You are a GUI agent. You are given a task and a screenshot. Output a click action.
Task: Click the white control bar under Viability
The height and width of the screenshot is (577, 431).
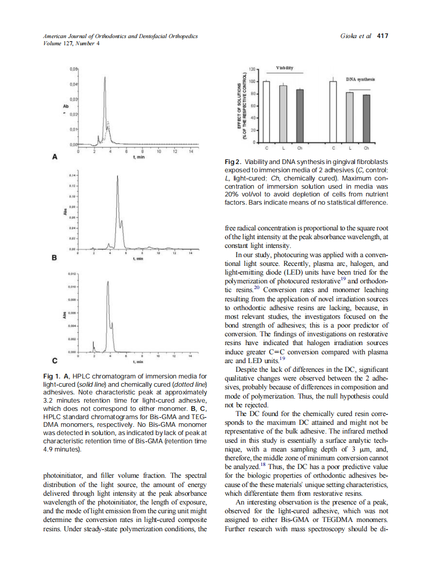coord(266,111)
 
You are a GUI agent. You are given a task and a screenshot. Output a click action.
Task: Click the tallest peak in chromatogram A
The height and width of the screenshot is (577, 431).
coord(105,78)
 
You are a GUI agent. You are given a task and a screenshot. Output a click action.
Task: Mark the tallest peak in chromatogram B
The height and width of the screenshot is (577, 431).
coord(117,178)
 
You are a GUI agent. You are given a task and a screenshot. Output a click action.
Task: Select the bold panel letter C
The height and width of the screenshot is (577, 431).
coord(54,360)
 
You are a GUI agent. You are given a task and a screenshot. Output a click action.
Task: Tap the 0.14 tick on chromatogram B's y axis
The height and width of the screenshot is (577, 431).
coord(73,176)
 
